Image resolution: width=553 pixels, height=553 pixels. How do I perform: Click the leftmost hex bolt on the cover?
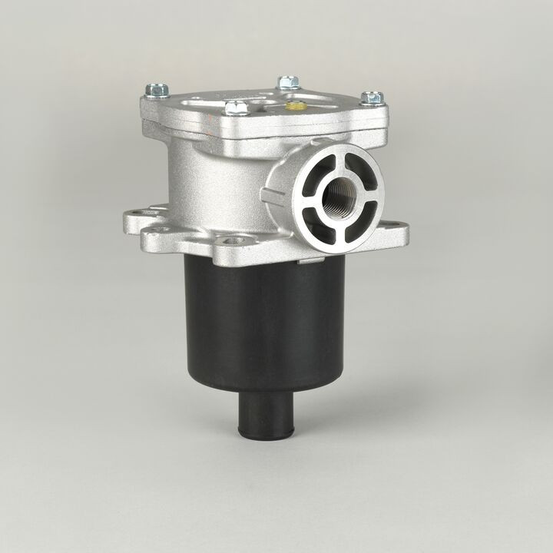click(x=157, y=91)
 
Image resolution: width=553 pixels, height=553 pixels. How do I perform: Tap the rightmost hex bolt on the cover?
click(x=372, y=98)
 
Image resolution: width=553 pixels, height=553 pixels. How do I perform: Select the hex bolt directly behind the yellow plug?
click(x=288, y=81)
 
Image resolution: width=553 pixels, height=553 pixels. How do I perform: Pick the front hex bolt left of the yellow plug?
click(x=237, y=108)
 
